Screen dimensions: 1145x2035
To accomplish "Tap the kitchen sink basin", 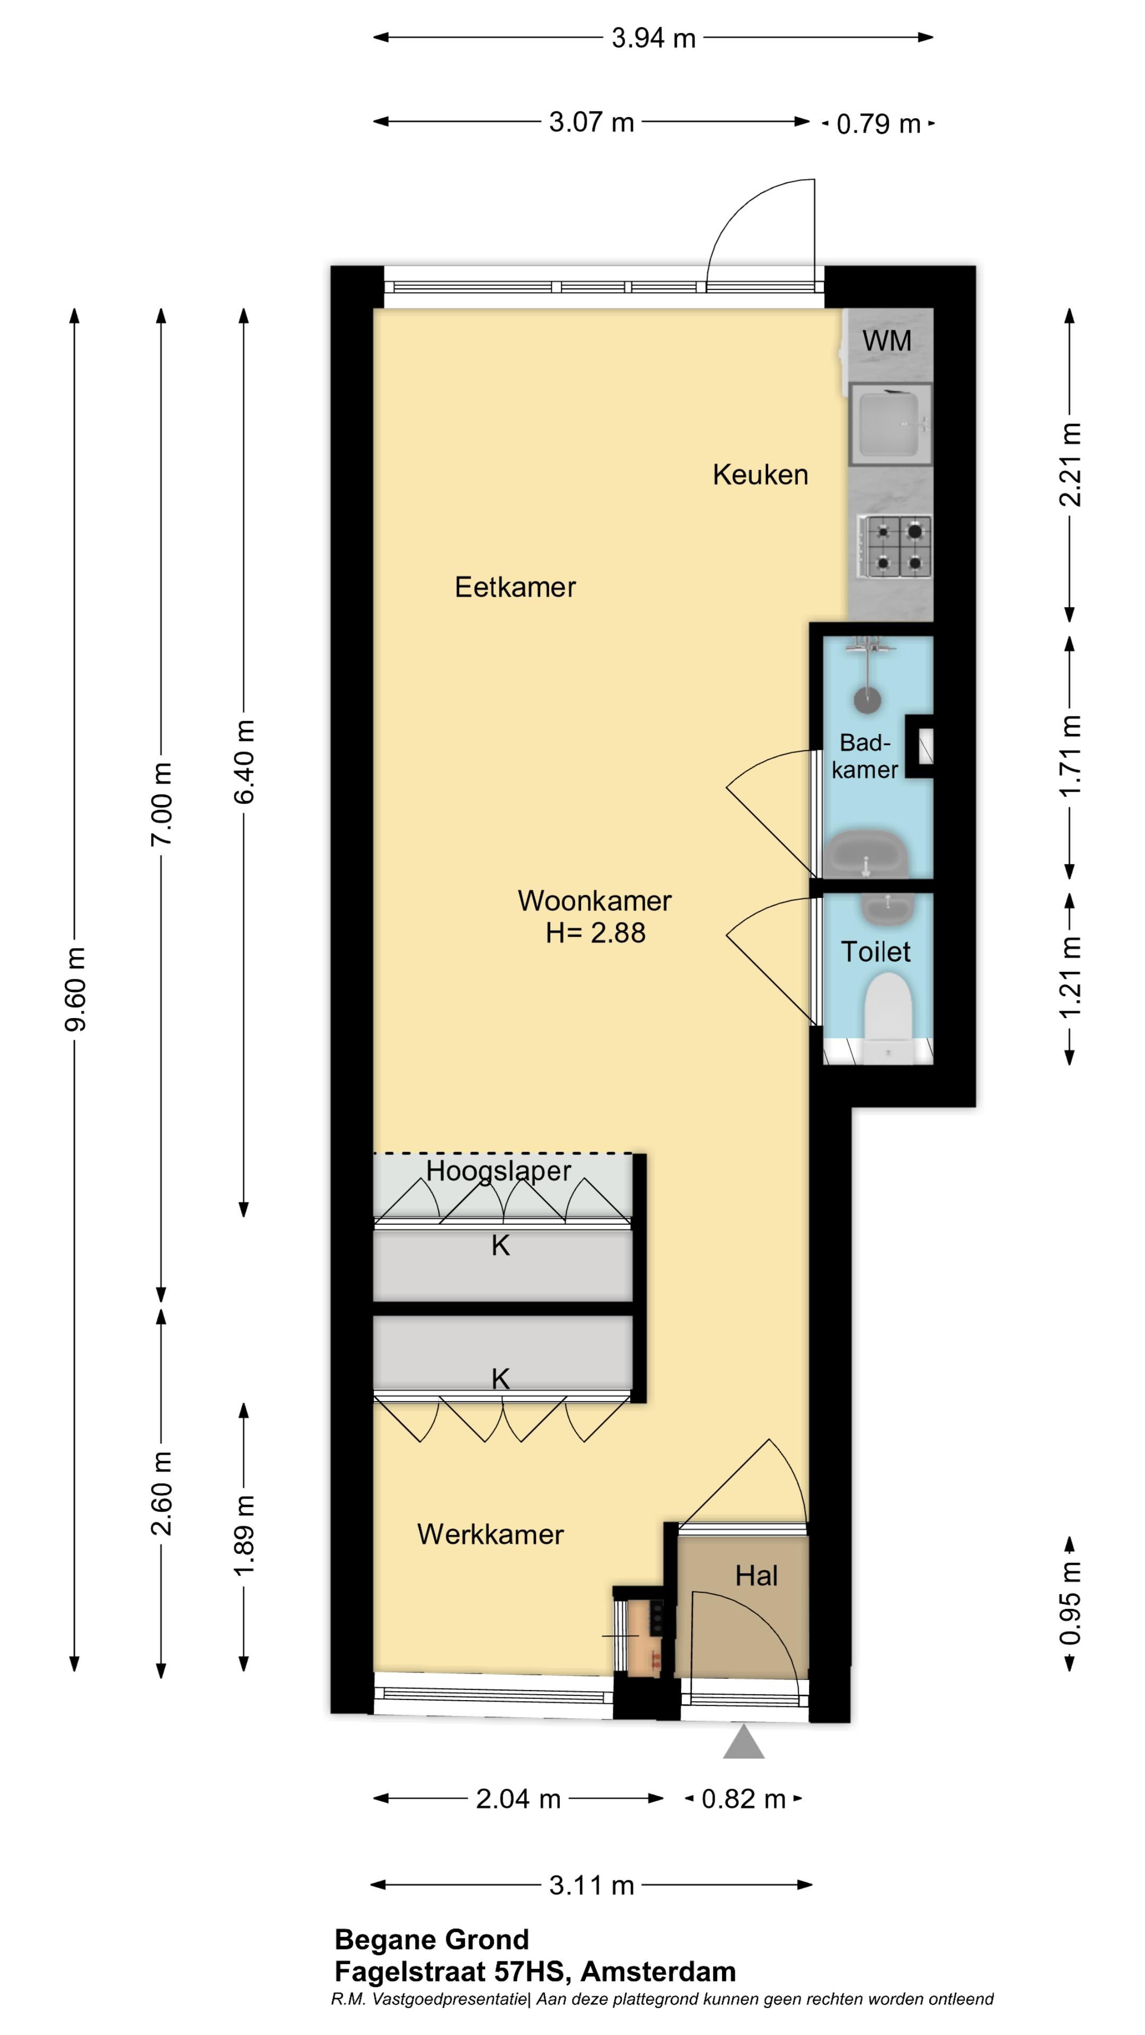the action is tap(891, 424).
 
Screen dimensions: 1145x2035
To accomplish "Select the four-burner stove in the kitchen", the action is tap(895, 545).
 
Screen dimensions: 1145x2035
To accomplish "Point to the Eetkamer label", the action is tap(515, 587).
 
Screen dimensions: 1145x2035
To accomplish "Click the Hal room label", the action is tap(756, 1576).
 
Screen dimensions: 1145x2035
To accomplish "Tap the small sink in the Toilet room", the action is tap(888, 909).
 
